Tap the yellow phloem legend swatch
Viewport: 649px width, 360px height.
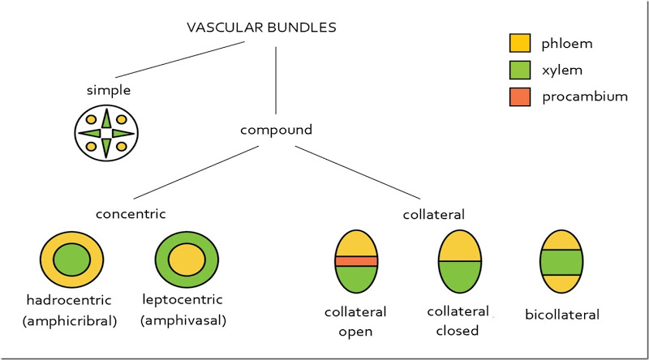point(520,44)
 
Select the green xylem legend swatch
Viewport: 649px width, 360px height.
point(520,71)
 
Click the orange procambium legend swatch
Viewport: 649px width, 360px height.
point(520,96)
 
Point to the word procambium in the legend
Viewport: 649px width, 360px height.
point(585,96)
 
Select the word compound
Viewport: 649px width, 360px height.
point(277,129)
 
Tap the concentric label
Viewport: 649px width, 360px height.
point(131,214)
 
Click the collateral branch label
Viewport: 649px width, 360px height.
point(433,214)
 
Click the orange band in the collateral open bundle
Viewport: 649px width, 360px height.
point(356,261)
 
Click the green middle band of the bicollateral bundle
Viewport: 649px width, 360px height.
point(561,262)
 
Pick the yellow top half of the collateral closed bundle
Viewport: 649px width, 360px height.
point(460,246)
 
